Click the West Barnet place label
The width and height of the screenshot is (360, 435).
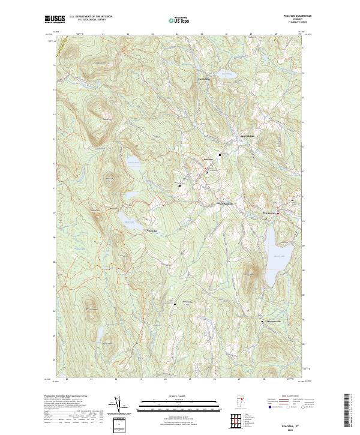269,214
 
